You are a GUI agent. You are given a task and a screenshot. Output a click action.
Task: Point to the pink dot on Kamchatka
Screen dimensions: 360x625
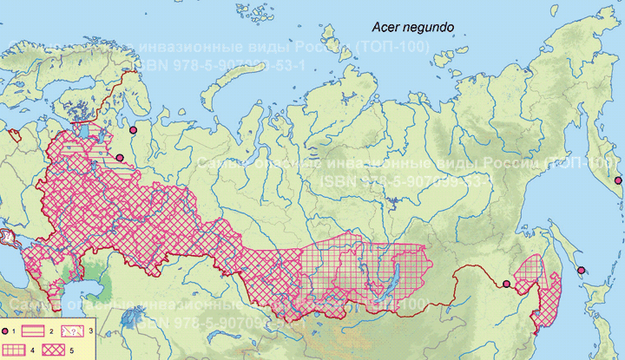click(618, 180)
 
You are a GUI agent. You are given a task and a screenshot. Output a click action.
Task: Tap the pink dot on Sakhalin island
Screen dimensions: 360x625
click(581, 270)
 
